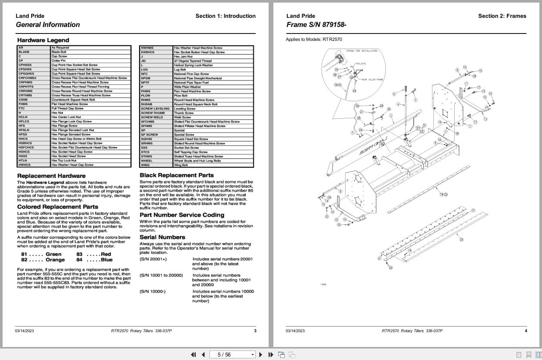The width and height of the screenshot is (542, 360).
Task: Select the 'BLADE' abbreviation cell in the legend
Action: [24, 52]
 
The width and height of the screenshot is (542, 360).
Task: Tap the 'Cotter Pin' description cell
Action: [58, 61]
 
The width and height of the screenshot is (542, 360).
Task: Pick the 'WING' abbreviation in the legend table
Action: [145, 165]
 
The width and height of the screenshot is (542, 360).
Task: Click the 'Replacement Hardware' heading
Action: [48, 176]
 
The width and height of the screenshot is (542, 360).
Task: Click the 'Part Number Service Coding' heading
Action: [182, 215]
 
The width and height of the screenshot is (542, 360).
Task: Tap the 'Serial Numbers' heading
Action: [162, 237]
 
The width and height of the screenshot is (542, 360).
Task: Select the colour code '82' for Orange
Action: [24, 260]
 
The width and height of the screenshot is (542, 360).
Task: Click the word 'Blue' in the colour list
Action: [106, 260]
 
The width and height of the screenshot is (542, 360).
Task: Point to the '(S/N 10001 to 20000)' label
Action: [161, 275]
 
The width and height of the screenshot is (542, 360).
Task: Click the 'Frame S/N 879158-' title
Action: [316, 25]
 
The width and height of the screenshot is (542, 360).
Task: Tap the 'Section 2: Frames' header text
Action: [502, 16]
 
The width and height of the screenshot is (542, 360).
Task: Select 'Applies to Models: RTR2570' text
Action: [313, 40]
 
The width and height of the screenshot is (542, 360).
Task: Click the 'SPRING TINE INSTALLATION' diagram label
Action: [361, 51]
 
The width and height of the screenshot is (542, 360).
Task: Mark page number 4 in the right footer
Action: [525, 331]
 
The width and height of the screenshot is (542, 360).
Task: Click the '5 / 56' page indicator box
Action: [232, 354]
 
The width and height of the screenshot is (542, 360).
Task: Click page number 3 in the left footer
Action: [255, 331]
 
